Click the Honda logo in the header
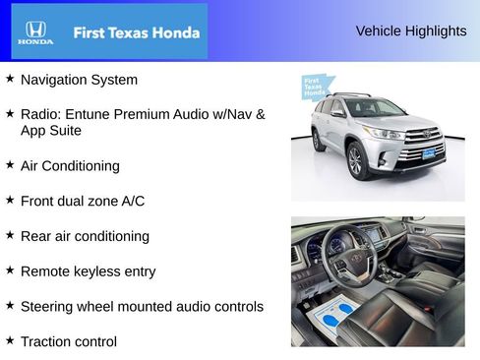click(34, 32)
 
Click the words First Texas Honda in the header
click(136, 32)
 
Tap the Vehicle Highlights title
click(410, 31)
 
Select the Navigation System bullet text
click(79, 79)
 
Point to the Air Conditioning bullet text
click(70, 166)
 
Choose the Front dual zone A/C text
click(83, 201)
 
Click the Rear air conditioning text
click(85, 236)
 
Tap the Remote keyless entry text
click(88, 271)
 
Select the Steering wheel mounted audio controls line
click(142, 307)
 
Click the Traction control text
click(68, 341)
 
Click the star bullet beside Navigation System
click(10, 78)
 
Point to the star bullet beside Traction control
click(10, 340)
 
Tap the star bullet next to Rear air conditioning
click(10, 235)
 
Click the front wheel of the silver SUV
click(359, 160)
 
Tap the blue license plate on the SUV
click(428, 153)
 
